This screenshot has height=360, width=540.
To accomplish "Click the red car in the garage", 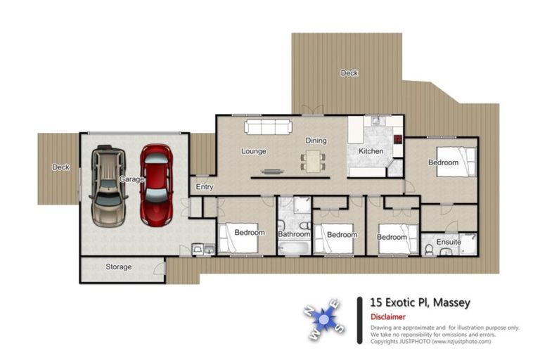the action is [156, 186].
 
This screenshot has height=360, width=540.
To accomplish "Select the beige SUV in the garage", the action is [108, 186].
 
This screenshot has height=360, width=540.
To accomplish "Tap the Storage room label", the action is [118, 266].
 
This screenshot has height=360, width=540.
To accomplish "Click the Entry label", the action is [205, 187].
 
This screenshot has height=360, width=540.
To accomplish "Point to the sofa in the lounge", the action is [269, 127].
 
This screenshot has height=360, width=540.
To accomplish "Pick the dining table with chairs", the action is [313, 162].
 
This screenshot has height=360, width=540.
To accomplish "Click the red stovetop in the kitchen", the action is [398, 139].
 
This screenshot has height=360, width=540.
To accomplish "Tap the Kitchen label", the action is [371, 151].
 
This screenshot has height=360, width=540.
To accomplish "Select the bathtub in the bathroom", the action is [293, 248].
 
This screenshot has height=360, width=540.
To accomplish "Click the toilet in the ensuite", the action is [429, 250].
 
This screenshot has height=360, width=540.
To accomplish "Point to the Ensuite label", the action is [449, 242].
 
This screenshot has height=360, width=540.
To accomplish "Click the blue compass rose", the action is [323, 319].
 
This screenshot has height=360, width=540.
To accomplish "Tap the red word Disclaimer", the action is [388, 316].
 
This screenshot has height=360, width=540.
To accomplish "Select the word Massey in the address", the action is [451, 302].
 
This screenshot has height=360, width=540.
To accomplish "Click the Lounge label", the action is [254, 151].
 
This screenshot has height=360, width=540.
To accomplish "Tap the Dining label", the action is [316, 141].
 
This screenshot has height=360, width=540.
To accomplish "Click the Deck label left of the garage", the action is [60, 167].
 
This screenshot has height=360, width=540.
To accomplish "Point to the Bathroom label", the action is [294, 234].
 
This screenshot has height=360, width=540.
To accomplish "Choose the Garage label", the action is [131, 179].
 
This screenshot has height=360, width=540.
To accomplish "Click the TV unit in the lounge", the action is [272, 172].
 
